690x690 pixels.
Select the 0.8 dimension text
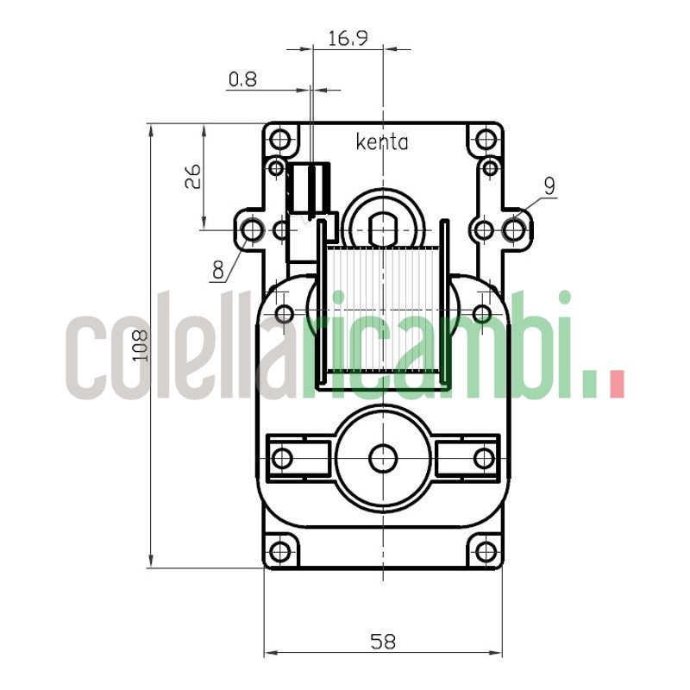pos(242,80)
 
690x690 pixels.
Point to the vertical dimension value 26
pos(193,177)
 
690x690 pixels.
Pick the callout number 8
pos(218,269)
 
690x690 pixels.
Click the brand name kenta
pos(382,142)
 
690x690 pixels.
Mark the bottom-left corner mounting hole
pos(279,551)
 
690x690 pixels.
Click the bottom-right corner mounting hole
pos(486,551)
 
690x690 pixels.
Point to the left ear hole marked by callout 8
pos(252,230)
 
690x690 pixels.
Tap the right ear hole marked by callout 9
pos(515,230)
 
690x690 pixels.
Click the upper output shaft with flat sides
pos(382,229)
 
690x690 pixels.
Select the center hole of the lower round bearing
pos(382,458)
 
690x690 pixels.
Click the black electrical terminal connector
pos(307,185)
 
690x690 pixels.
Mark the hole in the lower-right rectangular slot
pos(484,458)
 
